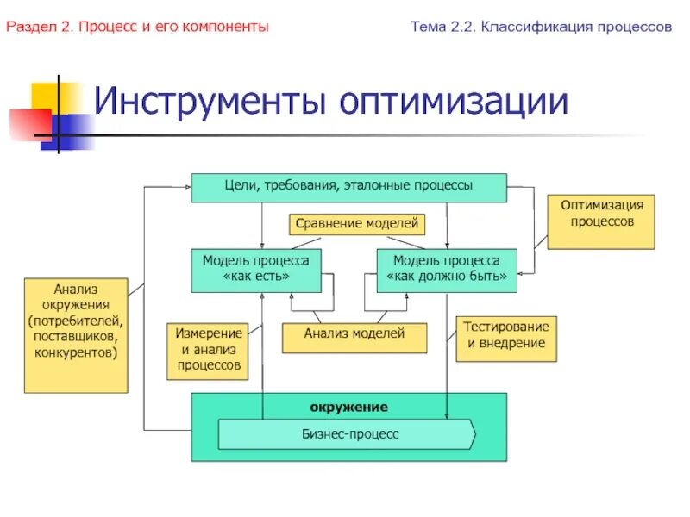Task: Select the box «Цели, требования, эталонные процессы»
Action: pos(348,187)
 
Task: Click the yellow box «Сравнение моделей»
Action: pos(356,225)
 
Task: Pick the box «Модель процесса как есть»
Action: pos(255,269)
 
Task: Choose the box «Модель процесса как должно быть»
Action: pos(447,269)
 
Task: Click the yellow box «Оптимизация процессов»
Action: pos(601,221)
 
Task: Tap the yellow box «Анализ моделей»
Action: pos(354,338)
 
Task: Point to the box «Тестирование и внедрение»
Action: pos(505,338)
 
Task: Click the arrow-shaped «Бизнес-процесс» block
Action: pos(346,434)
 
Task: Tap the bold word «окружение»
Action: pos(348,407)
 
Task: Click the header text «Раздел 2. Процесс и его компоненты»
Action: pos(138,28)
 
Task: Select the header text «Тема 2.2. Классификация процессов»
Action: pos(541,28)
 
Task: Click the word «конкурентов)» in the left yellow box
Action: pos(76,352)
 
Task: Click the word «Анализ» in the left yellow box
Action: pos(76,290)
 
